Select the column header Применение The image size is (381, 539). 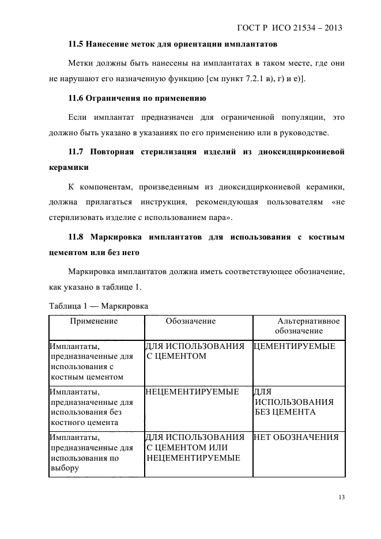[x=94, y=321]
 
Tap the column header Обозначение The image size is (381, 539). [x=191, y=321]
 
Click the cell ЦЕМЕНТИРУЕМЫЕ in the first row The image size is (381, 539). [x=295, y=347]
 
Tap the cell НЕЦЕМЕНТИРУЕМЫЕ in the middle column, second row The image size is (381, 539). [x=193, y=392]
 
